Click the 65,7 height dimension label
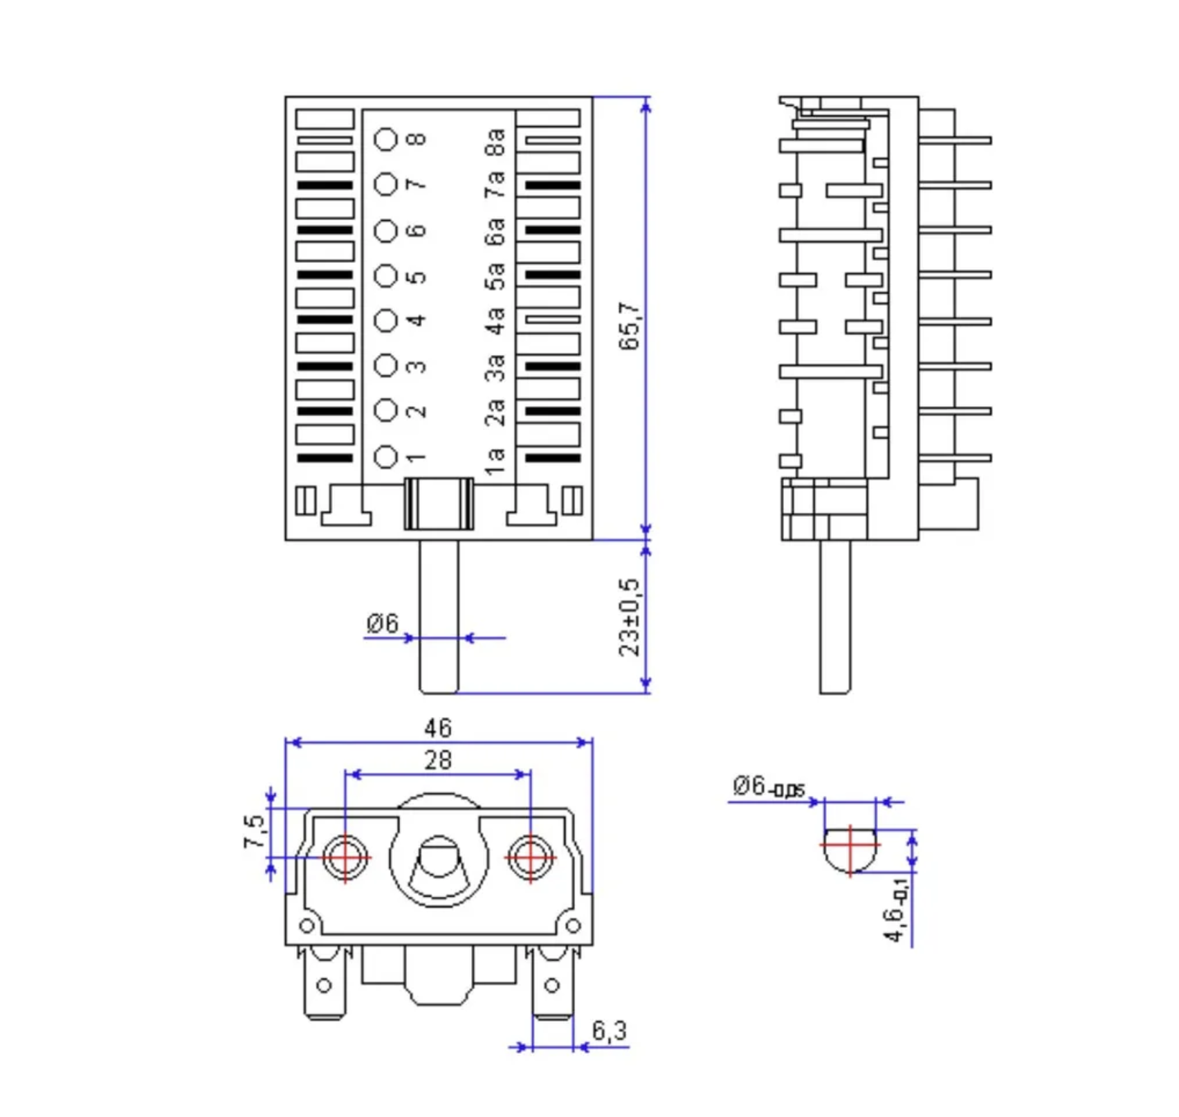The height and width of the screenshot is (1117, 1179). point(630,326)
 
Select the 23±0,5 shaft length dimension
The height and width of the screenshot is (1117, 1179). point(630,617)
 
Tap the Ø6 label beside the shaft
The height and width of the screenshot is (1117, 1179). point(383,623)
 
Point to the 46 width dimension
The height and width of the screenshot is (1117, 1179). point(438,728)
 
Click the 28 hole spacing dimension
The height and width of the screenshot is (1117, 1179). point(438,760)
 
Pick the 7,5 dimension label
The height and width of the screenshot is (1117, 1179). point(255,832)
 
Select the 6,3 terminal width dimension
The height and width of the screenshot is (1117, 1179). point(610,1030)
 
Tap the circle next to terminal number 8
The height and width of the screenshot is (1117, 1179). point(386,139)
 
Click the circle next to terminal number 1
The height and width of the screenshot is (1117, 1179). point(386,457)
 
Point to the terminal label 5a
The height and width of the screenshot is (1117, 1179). point(495,276)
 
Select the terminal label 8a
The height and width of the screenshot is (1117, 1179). point(495,142)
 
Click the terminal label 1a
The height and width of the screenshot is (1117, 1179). point(495,460)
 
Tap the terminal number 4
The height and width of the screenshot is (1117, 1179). point(416,320)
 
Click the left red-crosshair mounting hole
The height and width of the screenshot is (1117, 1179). point(345,857)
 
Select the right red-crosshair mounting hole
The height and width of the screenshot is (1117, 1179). point(530,857)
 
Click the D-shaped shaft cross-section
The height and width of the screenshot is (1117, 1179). point(850,848)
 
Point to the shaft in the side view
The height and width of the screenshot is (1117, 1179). point(835,616)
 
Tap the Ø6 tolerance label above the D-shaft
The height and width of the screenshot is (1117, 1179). point(769,787)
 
